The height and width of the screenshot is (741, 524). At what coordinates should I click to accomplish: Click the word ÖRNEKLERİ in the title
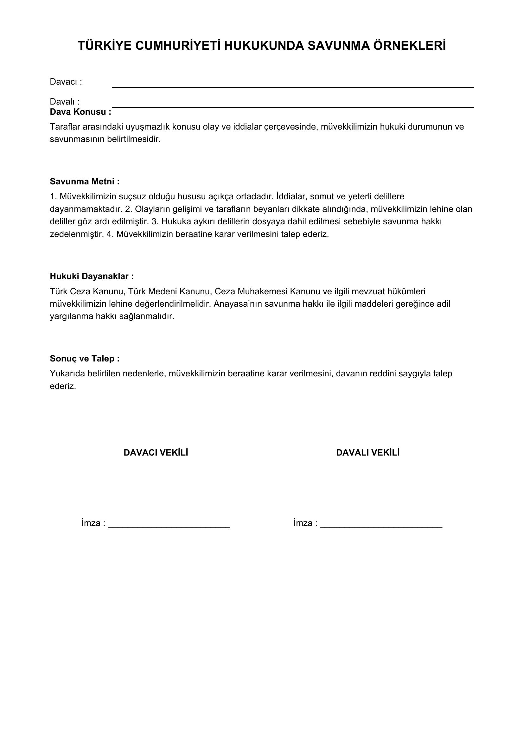pyautogui.click(x=409, y=46)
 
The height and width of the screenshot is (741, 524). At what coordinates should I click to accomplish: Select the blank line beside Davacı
pyautogui.click(x=292, y=86)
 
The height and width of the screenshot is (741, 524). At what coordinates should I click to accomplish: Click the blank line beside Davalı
pyautogui.click(x=292, y=106)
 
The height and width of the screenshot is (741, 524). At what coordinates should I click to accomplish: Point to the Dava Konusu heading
pyautogui.click(x=80, y=112)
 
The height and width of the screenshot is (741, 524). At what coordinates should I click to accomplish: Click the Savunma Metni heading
pyautogui.click(x=85, y=182)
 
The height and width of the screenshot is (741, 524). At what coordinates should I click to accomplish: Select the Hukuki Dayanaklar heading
pyautogui.click(x=92, y=276)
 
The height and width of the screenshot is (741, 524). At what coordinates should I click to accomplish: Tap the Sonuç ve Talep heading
pyautogui.click(x=85, y=359)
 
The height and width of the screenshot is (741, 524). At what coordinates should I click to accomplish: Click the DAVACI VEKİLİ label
pyautogui.click(x=156, y=453)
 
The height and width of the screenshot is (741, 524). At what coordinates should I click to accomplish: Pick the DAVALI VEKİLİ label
pyautogui.click(x=367, y=453)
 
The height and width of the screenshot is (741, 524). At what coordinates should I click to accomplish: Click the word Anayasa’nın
pyautogui.click(x=238, y=304)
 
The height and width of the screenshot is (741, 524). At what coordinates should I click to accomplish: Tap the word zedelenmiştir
pyautogui.click(x=77, y=234)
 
